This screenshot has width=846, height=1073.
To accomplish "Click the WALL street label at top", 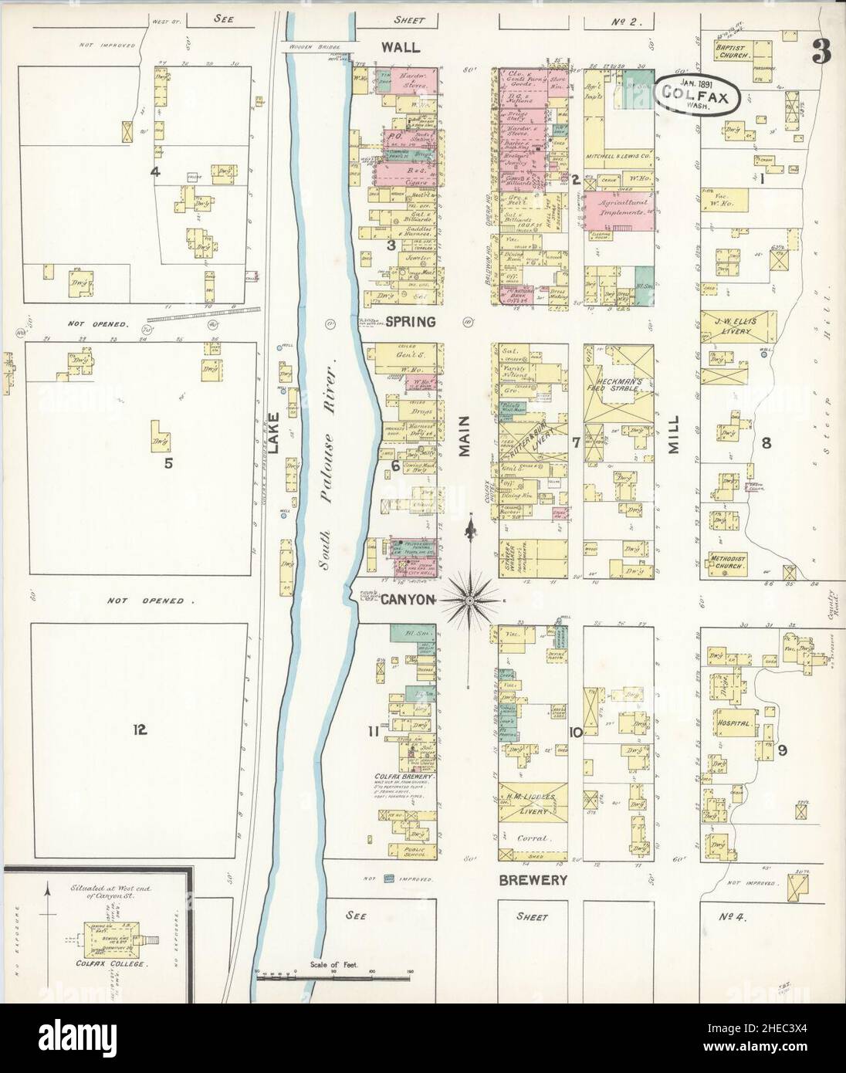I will click(401, 47).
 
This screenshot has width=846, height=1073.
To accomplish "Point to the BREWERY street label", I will click(533, 879).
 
